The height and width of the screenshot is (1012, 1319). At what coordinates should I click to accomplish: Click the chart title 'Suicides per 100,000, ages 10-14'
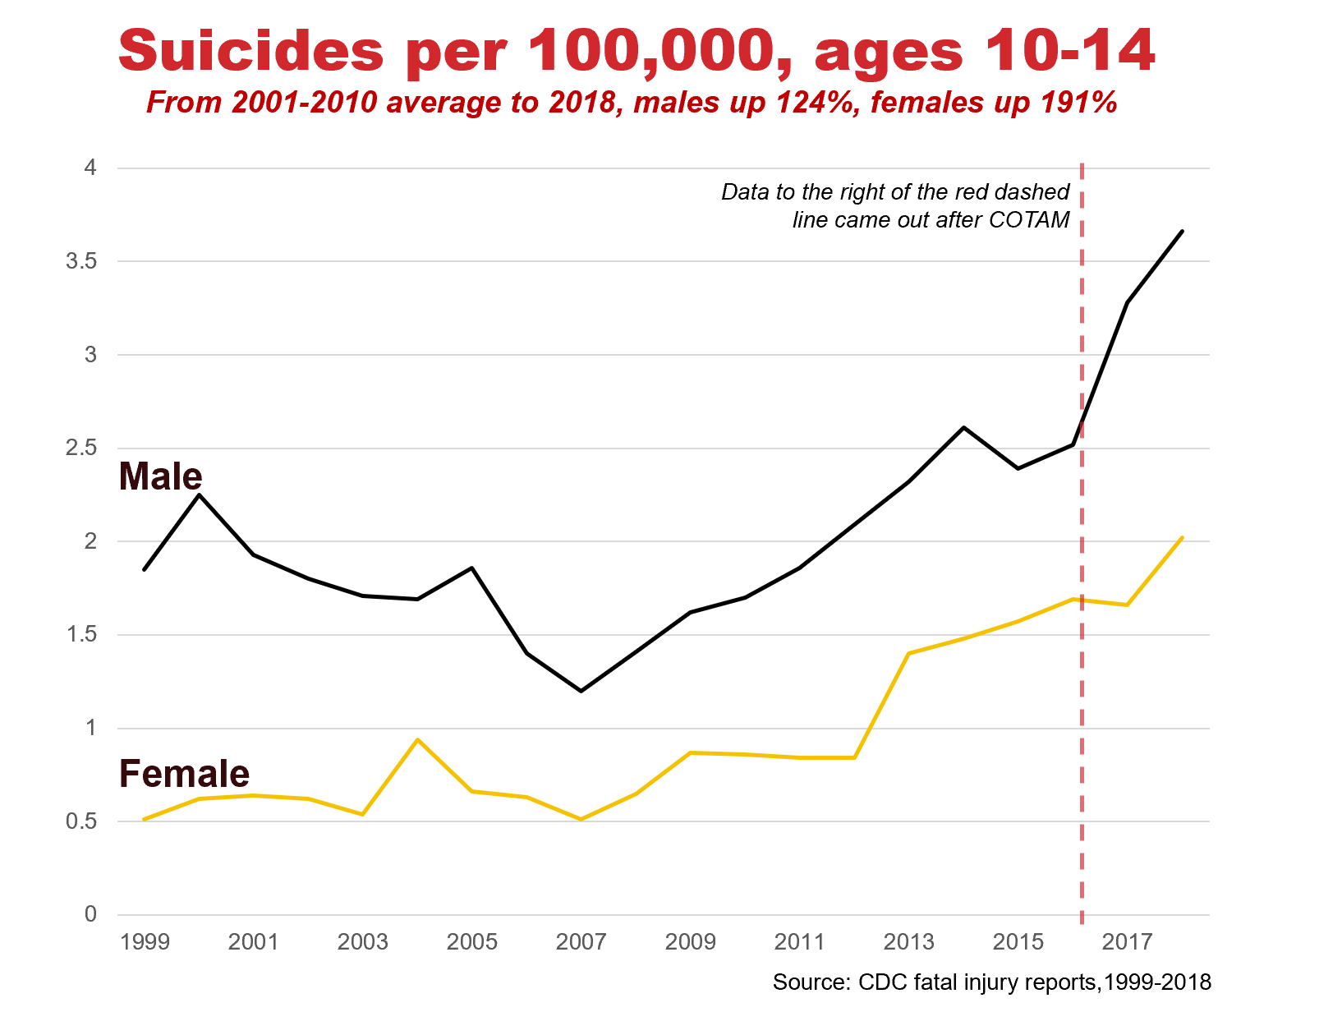(x=637, y=51)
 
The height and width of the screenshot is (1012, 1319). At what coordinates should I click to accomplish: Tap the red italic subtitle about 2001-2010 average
(x=631, y=103)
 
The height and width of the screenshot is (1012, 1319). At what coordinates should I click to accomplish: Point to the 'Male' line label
(x=160, y=476)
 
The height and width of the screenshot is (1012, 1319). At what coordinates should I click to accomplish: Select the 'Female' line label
(x=184, y=774)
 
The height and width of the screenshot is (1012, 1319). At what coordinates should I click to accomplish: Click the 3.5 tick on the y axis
(x=81, y=262)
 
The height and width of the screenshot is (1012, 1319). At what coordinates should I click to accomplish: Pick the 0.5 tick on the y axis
(x=81, y=821)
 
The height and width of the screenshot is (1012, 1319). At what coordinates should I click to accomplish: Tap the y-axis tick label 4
(x=90, y=168)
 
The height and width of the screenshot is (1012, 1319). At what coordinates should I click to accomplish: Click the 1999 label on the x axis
(x=145, y=942)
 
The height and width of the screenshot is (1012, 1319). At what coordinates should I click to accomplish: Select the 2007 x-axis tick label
(x=581, y=942)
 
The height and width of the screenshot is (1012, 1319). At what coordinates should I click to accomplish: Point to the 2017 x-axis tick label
(x=1128, y=942)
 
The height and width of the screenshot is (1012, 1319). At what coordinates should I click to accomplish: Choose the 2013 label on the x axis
(x=909, y=942)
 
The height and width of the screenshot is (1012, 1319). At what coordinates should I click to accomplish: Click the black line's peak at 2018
(x=1182, y=232)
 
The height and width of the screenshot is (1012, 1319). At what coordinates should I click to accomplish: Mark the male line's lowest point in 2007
(x=581, y=691)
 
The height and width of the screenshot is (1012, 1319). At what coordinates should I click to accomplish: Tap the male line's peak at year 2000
(x=199, y=494)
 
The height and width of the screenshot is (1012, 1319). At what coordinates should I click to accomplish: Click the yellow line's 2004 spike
(x=418, y=739)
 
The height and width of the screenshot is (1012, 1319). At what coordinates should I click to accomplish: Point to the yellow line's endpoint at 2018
(x=1182, y=538)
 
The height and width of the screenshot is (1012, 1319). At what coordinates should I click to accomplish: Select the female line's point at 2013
(x=909, y=653)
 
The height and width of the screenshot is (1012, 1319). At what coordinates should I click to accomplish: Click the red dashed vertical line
(x=1082, y=739)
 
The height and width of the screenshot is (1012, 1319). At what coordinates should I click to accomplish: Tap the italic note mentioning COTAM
(x=895, y=206)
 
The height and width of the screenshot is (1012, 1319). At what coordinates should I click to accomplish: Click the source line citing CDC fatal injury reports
(x=991, y=982)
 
